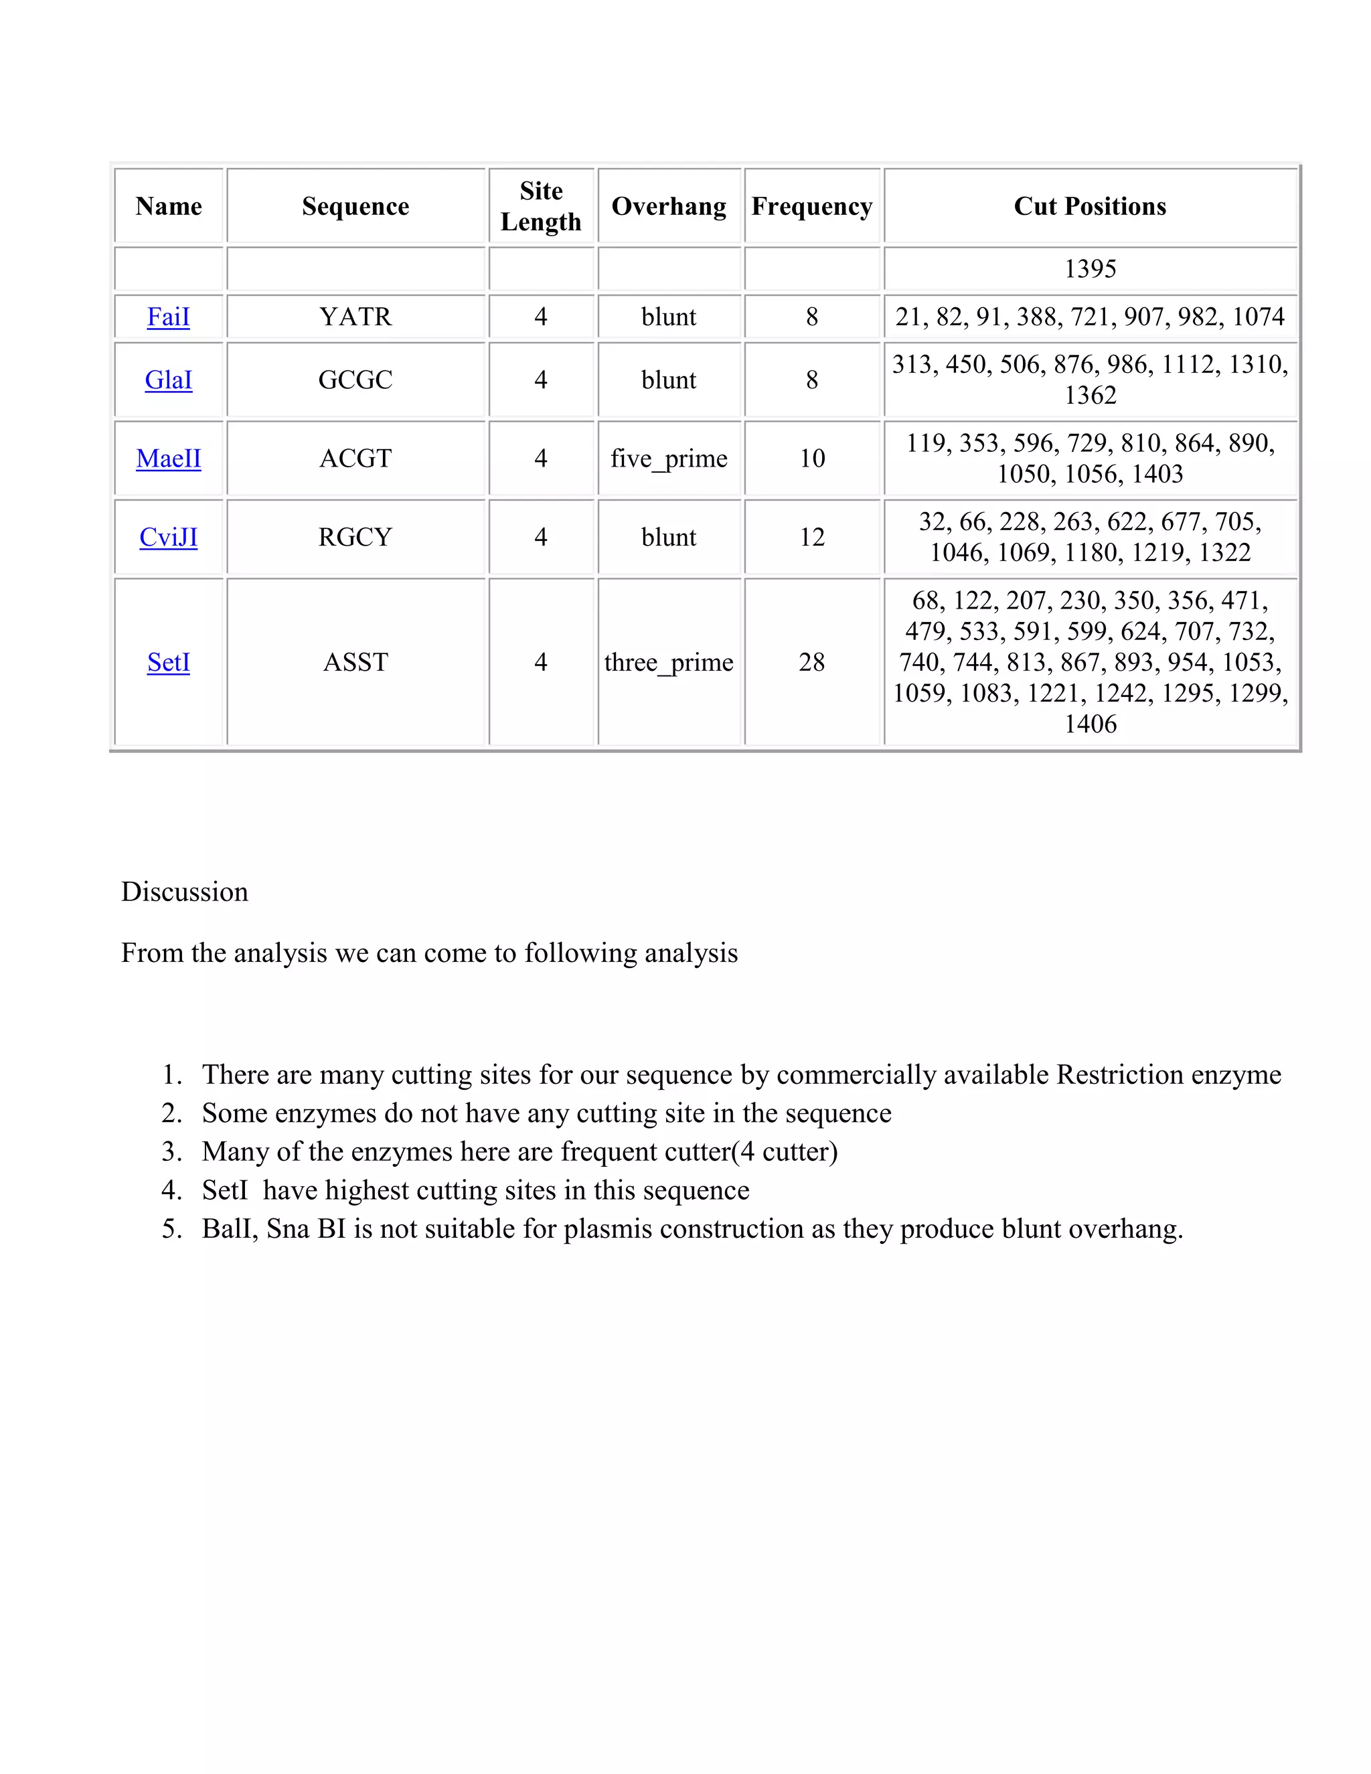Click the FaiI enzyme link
[168, 317]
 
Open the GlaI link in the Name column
[168, 380]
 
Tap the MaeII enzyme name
[168, 458]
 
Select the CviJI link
[168, 537]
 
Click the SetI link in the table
[168, 662]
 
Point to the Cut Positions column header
[1089, 206]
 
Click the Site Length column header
[541, 206]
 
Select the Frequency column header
[811, 206]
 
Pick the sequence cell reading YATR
[355, 317]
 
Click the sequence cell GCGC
[355, 380]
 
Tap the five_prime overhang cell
[669, 458]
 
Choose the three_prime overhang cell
[669, 662]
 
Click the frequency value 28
[811, 662]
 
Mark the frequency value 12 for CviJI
[811, 537]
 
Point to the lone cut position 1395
[1090, 269]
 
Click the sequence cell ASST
[355, 662]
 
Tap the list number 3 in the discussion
[171, 1152]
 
